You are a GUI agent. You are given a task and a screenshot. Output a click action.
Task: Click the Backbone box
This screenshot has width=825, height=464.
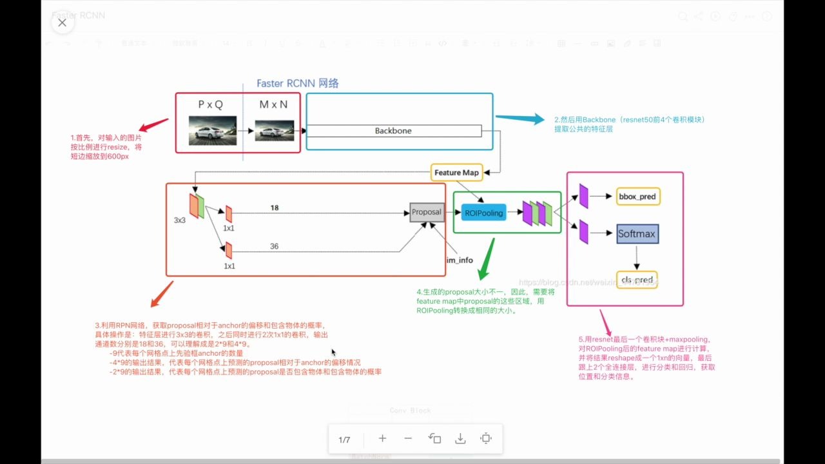393,131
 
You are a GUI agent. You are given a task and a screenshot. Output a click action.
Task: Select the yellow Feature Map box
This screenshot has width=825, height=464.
456,173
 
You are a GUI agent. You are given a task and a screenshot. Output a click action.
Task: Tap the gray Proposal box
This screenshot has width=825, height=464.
427,212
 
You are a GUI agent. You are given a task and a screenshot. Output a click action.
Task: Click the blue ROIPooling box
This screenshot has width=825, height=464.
483,212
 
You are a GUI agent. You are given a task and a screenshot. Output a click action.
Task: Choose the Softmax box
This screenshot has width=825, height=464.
637,234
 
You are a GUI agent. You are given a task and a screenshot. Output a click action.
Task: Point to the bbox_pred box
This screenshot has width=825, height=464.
638,196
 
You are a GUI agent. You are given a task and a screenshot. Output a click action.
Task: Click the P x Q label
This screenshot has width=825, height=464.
210,104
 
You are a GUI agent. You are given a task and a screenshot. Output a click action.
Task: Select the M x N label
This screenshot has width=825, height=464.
273,104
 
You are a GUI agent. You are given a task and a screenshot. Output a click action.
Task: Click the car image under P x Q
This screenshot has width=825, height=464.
212,130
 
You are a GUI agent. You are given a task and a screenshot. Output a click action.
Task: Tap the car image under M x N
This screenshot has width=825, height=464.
275,131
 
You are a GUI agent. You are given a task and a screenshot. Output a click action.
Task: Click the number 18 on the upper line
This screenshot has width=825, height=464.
275,208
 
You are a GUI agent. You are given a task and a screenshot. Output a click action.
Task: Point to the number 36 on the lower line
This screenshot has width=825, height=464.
275,246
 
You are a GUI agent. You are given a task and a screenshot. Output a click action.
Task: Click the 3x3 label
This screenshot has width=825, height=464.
180,220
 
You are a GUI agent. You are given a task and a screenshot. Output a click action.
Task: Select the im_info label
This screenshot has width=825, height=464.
460,260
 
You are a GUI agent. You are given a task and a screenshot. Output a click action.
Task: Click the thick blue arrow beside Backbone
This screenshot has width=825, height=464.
519,119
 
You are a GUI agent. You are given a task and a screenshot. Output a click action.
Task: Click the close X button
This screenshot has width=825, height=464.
62,23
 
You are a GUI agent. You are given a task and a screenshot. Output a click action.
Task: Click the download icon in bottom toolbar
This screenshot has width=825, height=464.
460,439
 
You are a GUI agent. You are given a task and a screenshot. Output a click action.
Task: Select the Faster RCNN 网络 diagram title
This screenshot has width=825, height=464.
297,83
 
